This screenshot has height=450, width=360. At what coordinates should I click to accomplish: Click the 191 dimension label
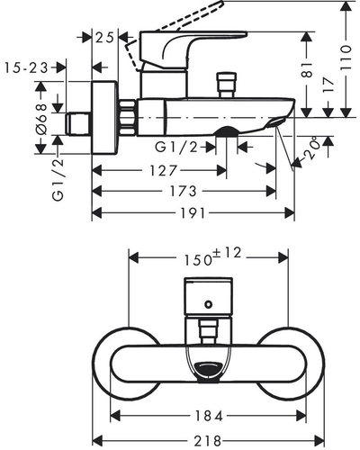pos(193,213)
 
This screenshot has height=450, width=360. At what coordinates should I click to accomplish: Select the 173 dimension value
pos(183,191)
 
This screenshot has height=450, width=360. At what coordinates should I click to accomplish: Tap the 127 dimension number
pos(164,171)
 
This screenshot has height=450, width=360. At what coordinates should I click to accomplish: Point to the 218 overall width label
pos(208,441)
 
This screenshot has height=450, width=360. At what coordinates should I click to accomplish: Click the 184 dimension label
pos(210,416)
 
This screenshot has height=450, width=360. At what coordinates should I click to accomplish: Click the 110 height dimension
pos(346,58)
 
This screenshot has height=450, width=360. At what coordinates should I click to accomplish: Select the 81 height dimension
pos(307,70)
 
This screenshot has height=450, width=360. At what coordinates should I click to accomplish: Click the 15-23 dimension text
pos(26,67)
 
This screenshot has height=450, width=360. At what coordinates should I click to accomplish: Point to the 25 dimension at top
pos(104,38)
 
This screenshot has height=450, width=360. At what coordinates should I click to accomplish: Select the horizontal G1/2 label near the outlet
pos(176,147)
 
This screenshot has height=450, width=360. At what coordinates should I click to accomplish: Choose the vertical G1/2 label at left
pos(58,180)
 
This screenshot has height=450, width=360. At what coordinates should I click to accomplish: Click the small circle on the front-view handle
pos(208,304)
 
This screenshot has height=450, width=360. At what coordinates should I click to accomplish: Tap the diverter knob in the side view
pos(227,85)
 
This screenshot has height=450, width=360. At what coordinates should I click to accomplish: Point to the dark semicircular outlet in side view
pos(227,131)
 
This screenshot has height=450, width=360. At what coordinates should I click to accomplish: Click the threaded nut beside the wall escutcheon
pos(128,118)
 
